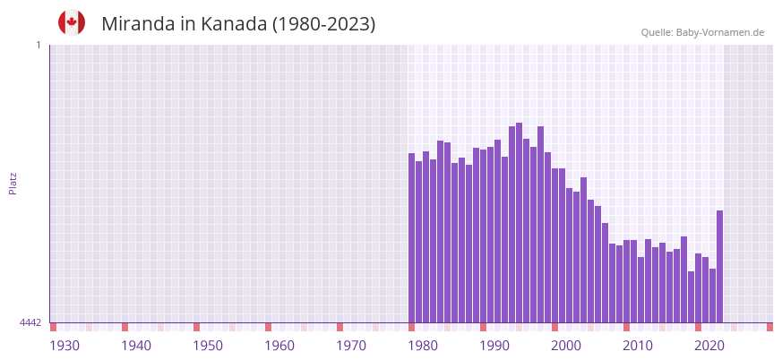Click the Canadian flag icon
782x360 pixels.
click(x=72, y=22)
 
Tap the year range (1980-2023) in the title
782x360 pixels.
click(x=324, y=24)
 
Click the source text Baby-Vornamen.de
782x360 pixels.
click(x=719, y=33)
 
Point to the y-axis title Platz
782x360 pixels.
click(x=13, y=184)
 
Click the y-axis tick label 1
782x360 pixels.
click(x=38, y=45)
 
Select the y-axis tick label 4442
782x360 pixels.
click(x=30, y=322)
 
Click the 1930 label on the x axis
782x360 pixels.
click(x=64, y=346)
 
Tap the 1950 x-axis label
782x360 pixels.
click(x=208, y=346)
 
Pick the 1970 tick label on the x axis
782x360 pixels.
click(x=351, y=346)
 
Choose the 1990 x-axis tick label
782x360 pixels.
click(x=494, y=346)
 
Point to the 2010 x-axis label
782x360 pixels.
click(x=638, y=346)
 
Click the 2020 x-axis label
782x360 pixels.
click(x=709, y=346)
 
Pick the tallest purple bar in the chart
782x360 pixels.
click(x=520, y=223)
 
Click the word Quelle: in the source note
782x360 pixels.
click(x=657, y=33)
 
